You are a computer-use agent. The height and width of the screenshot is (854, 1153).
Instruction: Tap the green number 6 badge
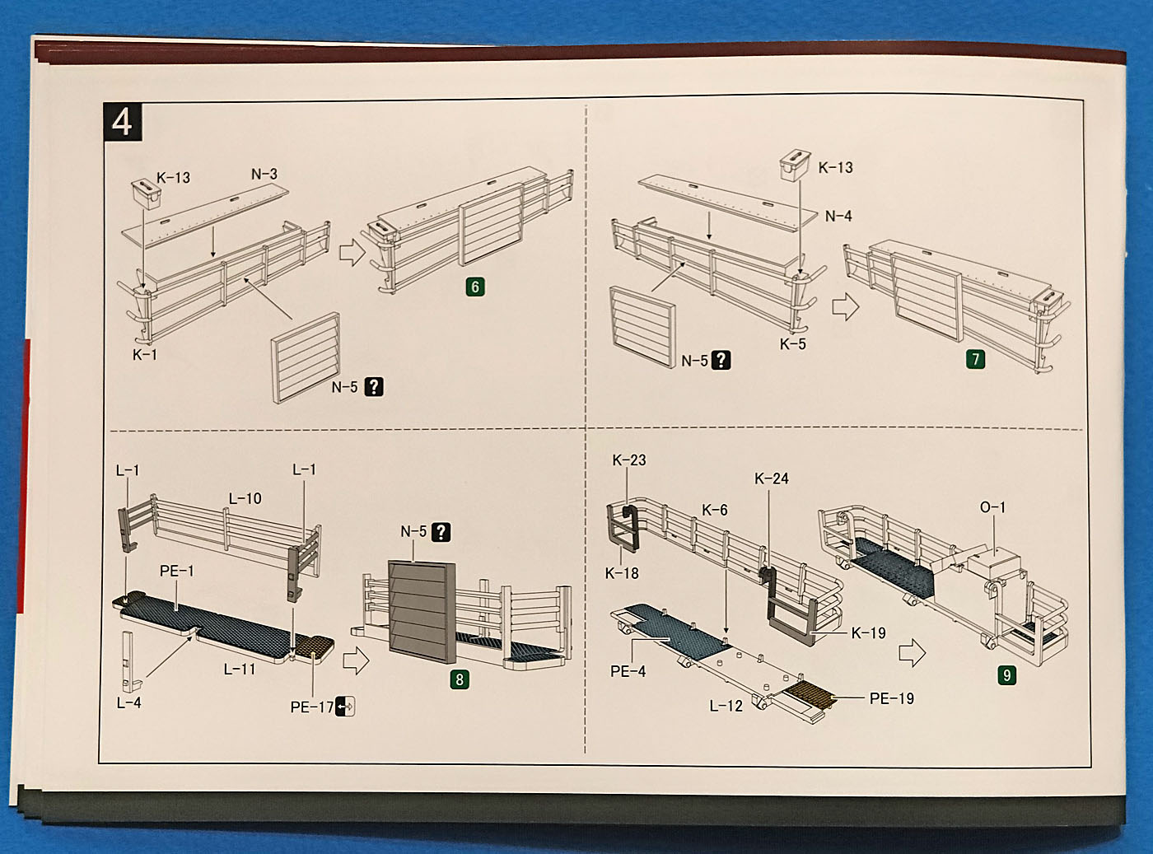pos(474,287)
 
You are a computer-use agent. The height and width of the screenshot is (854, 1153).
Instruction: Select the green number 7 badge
pos(975,359)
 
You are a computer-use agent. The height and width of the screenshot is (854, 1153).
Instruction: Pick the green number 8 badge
pos(460,679)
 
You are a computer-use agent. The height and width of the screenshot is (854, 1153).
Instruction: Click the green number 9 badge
pos(1006,675)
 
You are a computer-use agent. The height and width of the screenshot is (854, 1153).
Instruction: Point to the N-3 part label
pos(264,175)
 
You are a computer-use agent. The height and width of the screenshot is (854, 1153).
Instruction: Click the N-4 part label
pos(838,216)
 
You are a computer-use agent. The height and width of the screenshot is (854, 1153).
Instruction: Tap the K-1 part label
pos(145,355)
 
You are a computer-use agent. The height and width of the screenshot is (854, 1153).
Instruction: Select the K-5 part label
pos(792,344)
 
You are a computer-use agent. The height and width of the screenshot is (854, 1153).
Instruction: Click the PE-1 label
pos(176,571)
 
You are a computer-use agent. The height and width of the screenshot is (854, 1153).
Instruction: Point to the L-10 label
pos(245,498)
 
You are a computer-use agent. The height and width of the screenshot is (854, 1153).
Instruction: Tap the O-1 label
pos(992,507)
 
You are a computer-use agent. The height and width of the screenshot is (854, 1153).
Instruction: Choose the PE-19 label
pos(891,698)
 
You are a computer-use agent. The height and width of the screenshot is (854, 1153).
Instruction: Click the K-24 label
pos(771,478)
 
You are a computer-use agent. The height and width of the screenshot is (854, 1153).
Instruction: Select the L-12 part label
pos(726,706)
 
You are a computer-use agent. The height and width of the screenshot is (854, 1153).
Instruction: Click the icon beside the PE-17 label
pos(346,706)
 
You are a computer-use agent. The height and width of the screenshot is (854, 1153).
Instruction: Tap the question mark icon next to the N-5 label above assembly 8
pos(441,532)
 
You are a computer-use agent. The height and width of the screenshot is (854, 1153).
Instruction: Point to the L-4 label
pos(128,702)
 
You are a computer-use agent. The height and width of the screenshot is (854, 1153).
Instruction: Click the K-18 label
pos(621,573)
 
